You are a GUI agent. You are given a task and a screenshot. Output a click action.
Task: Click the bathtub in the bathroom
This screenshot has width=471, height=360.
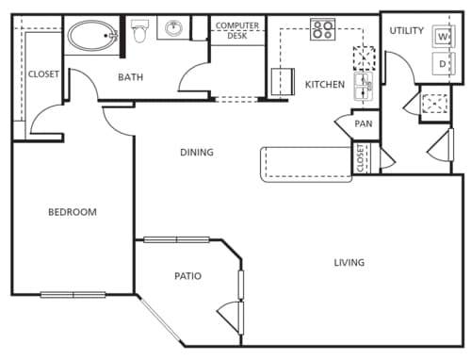pos(91,38)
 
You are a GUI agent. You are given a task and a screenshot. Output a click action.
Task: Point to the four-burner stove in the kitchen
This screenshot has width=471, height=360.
pos(323,29)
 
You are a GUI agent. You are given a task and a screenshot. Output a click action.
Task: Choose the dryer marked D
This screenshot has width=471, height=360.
pos(442,63)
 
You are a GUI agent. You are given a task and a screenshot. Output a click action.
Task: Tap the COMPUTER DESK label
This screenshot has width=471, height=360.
pos(237,31)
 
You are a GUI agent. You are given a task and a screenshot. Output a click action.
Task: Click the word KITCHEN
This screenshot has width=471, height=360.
pos(325,85)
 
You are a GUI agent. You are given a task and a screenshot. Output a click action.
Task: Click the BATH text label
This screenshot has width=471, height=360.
pos(130,77)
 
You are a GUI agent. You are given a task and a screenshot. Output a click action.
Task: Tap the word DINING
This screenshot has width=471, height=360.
pos(197,152)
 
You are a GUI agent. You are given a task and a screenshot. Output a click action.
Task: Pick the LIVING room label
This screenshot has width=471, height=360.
pos(349,262)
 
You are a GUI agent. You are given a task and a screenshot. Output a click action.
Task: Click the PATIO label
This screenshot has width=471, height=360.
pos(187,276)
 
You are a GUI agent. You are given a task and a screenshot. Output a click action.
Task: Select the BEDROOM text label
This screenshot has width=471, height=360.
pos(73,212)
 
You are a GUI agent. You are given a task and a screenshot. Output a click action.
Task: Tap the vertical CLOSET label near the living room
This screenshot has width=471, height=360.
pos(361,158)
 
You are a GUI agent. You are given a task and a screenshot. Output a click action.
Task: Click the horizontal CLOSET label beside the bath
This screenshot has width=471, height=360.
pos(43,74)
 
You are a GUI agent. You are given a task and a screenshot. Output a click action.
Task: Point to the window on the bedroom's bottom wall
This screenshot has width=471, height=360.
pos(73,295)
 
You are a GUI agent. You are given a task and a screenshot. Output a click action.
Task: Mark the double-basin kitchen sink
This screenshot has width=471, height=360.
pos(363,90)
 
